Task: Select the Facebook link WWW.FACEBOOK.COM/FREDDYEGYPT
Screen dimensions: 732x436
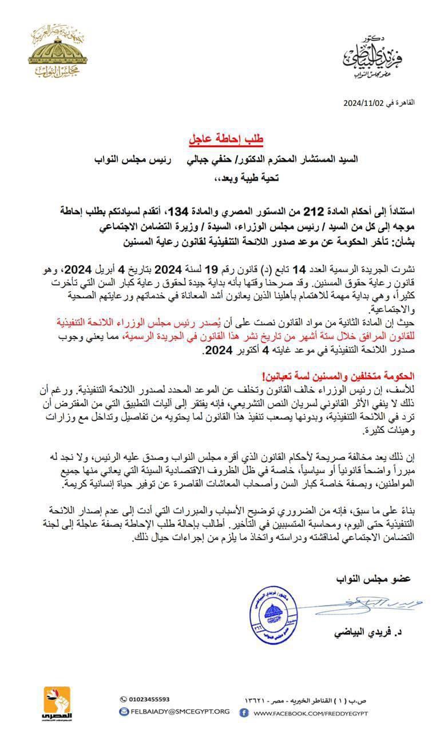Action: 311,713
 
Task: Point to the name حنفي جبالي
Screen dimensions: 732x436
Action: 205,160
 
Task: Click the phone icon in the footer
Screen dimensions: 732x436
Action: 124,699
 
